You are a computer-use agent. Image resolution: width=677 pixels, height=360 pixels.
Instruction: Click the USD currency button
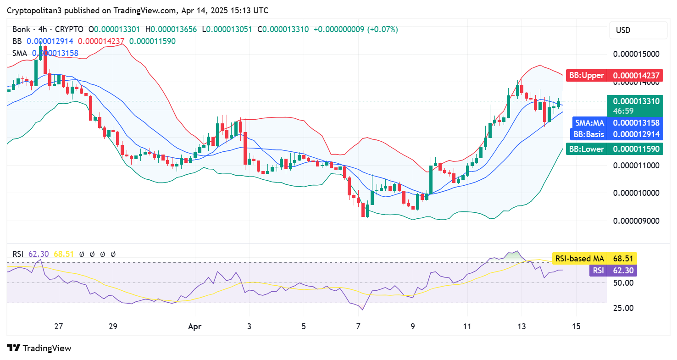point(623,30)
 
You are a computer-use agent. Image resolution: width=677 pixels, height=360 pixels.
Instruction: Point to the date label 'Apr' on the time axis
point(195,327)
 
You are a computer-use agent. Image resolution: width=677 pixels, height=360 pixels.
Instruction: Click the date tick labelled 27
point(58,327)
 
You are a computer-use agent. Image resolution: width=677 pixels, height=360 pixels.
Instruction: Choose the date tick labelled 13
point(522,327)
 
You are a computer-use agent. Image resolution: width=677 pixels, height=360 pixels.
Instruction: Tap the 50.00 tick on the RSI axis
point(623,283)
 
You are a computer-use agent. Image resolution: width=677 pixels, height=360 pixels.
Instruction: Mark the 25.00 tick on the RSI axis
point(623,308)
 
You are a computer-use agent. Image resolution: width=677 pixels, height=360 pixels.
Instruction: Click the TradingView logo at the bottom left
point(39,348)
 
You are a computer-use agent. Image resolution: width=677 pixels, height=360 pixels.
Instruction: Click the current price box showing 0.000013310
point(635,101)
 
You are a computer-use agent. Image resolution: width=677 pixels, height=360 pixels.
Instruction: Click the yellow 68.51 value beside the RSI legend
point(64,254)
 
